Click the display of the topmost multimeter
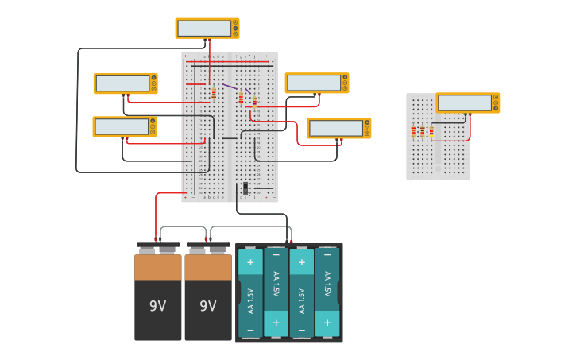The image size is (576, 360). [x=203, y=29]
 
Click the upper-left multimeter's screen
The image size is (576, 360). [x=122, y=83]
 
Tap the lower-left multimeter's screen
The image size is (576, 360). [x=121, y=126]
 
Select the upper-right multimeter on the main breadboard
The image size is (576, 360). [x=313, y=83]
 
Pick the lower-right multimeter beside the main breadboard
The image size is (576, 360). [x=335, y=128]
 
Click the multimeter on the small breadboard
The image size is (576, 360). [x=464, y=103]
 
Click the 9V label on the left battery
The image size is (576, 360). [x=158, y=306]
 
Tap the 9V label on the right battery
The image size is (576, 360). [x=208, y=306]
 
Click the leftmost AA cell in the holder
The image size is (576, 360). [x=250, y=293]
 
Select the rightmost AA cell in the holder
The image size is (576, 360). [x=327, y=292]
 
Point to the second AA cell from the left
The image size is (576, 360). [x=276, y=292]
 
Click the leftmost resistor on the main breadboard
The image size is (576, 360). [x=214, y=94]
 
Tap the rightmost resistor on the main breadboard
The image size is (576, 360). [x=254, y=101]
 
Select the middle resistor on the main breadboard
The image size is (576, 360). [x=241, y=99]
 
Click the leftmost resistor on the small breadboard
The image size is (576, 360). [x=413, y=131]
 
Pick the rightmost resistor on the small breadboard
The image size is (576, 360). [x=431, y=131]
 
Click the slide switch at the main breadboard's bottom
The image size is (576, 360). [x=245, y=188]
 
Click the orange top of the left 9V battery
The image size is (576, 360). [x=158, y=267]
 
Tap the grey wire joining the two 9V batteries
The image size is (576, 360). [x=183, y=227]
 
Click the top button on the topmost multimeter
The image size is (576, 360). [x=235, y=22]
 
